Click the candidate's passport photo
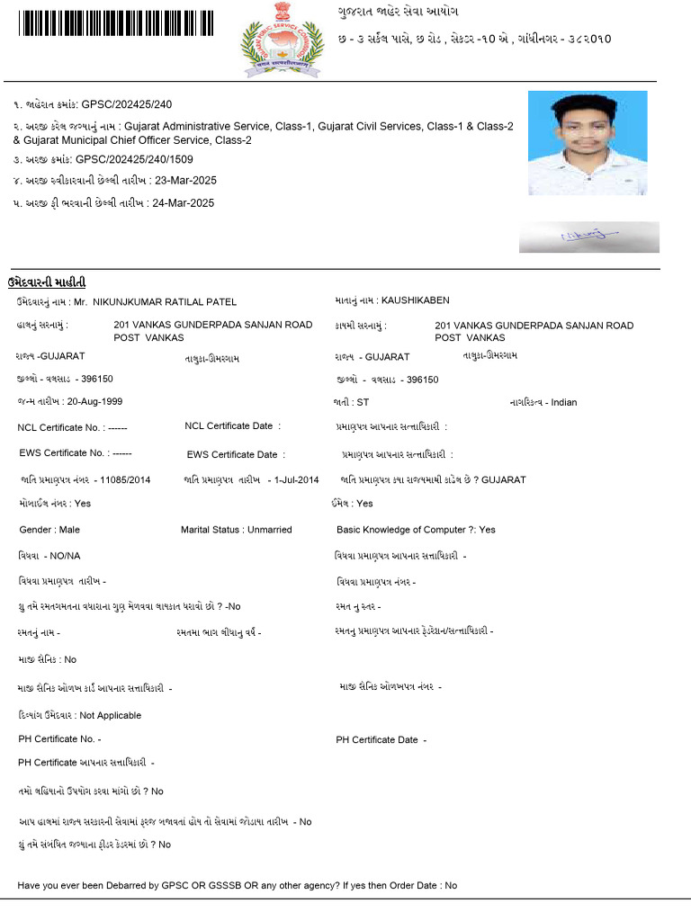[x=587, y=142]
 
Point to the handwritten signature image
[x=588, y=236]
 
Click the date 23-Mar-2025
[x=184, y=181]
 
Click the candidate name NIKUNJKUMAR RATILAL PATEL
[x=164, y=302]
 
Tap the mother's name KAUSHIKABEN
[x=415, y=300]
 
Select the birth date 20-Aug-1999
[x=94, y=401]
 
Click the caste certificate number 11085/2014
[x=125, y=480]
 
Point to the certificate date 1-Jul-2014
[x=297, y=480]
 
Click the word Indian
[x=564, y=402]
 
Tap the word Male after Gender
[x=69, y=530]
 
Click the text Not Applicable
[x=110, y=716]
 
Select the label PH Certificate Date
[x=377, y=740]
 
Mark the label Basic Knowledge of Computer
[x=401, y=530]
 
